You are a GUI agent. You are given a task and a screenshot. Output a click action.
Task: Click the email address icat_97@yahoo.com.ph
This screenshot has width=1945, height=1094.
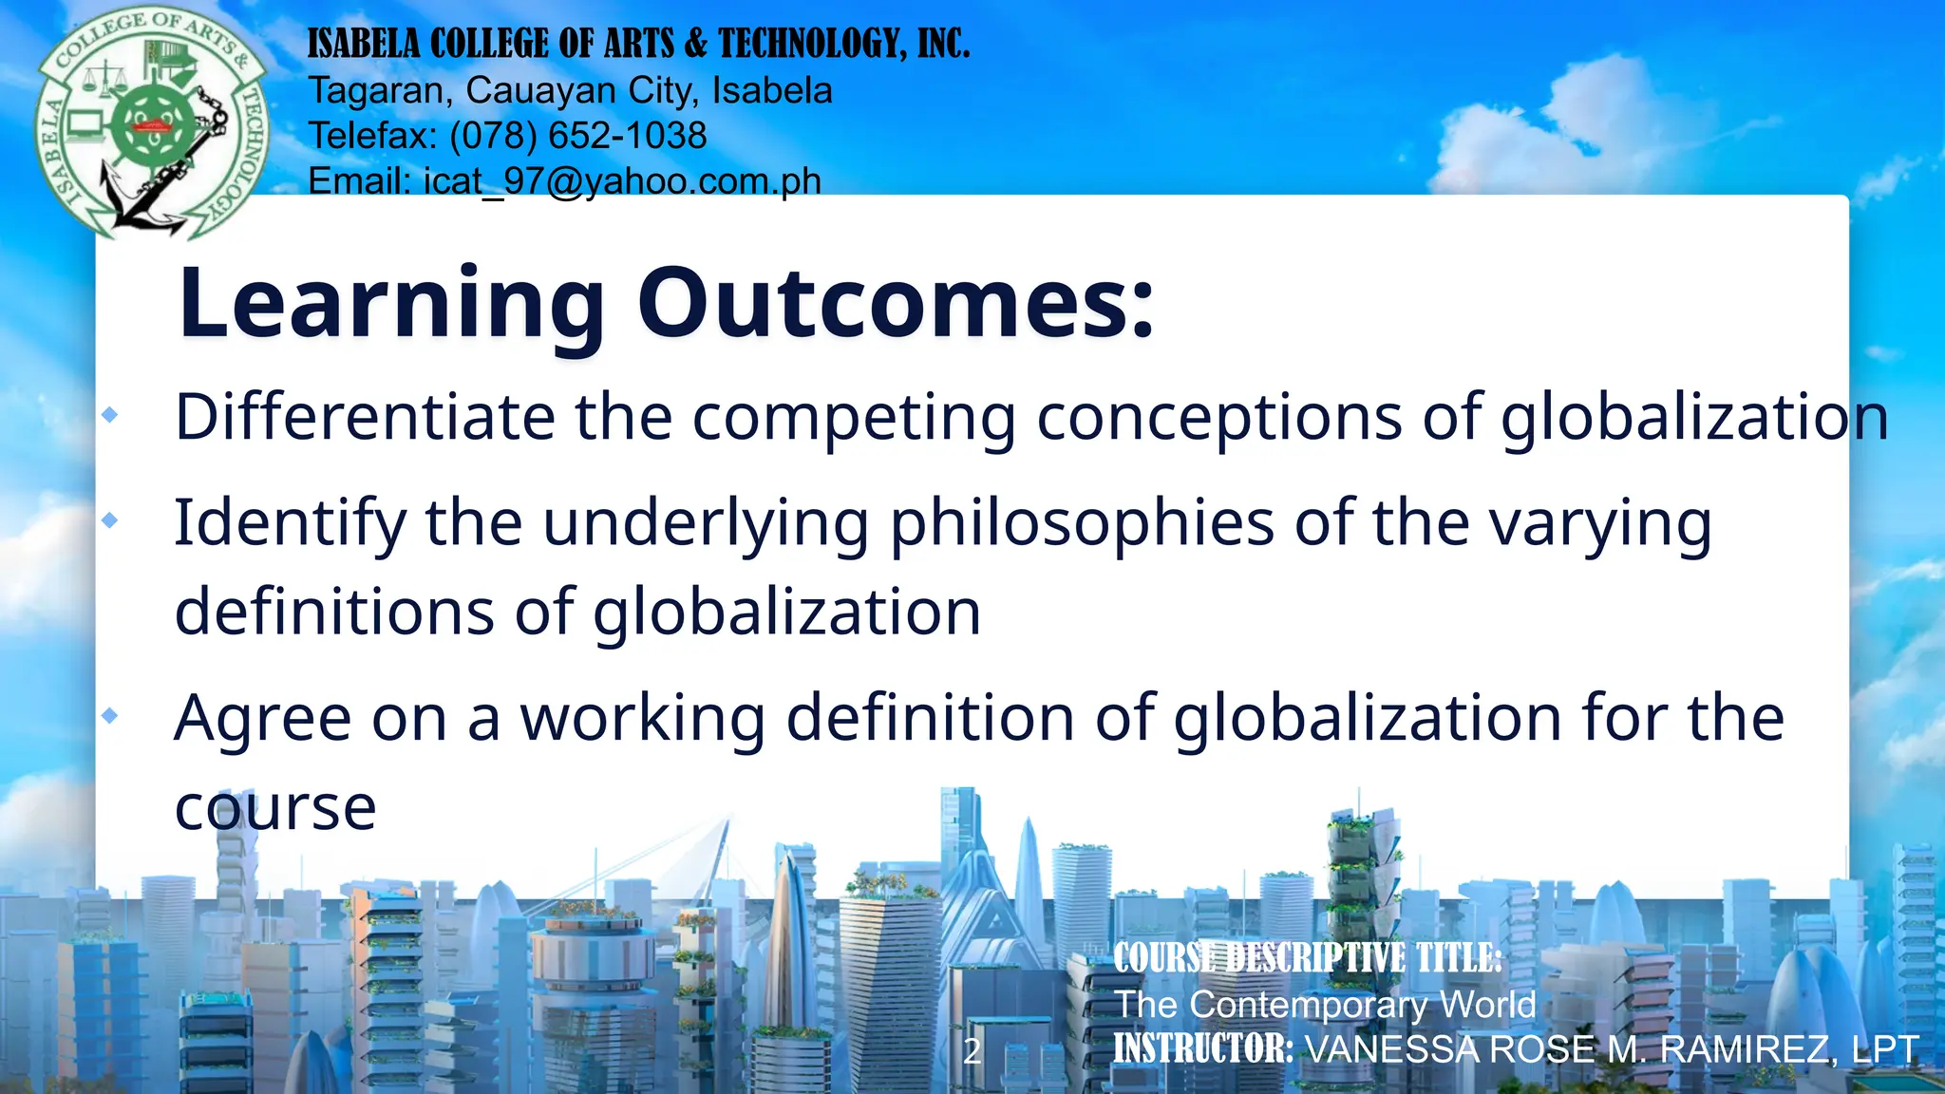622,180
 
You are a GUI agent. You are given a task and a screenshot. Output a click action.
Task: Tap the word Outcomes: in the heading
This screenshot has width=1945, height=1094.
896,304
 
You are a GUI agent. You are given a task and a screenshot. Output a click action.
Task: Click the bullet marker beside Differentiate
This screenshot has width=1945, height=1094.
110,415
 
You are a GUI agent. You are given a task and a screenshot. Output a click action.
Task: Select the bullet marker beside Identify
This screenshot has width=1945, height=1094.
110,520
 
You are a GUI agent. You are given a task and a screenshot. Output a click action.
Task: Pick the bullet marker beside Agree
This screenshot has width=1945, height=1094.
110,715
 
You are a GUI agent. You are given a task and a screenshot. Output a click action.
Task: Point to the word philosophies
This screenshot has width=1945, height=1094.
1082,524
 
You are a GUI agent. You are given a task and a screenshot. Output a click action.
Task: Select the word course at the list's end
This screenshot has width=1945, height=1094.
275,809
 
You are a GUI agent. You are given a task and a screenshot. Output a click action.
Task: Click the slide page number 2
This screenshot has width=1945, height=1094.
972,1051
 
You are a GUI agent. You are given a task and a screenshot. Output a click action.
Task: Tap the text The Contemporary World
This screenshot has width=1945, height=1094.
1325,1005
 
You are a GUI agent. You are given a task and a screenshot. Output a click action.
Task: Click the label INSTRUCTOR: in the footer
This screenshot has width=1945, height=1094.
1203,1049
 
